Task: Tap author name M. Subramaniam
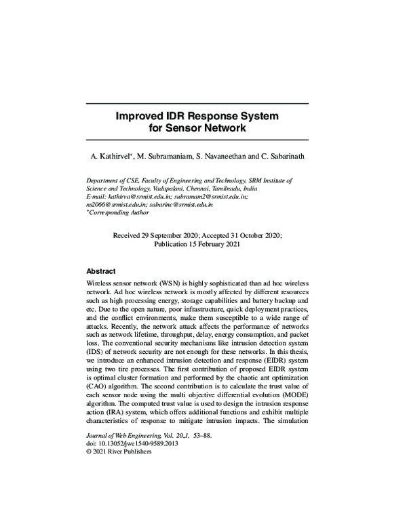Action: (x=163, y=157)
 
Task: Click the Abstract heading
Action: (x=100, y=270)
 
